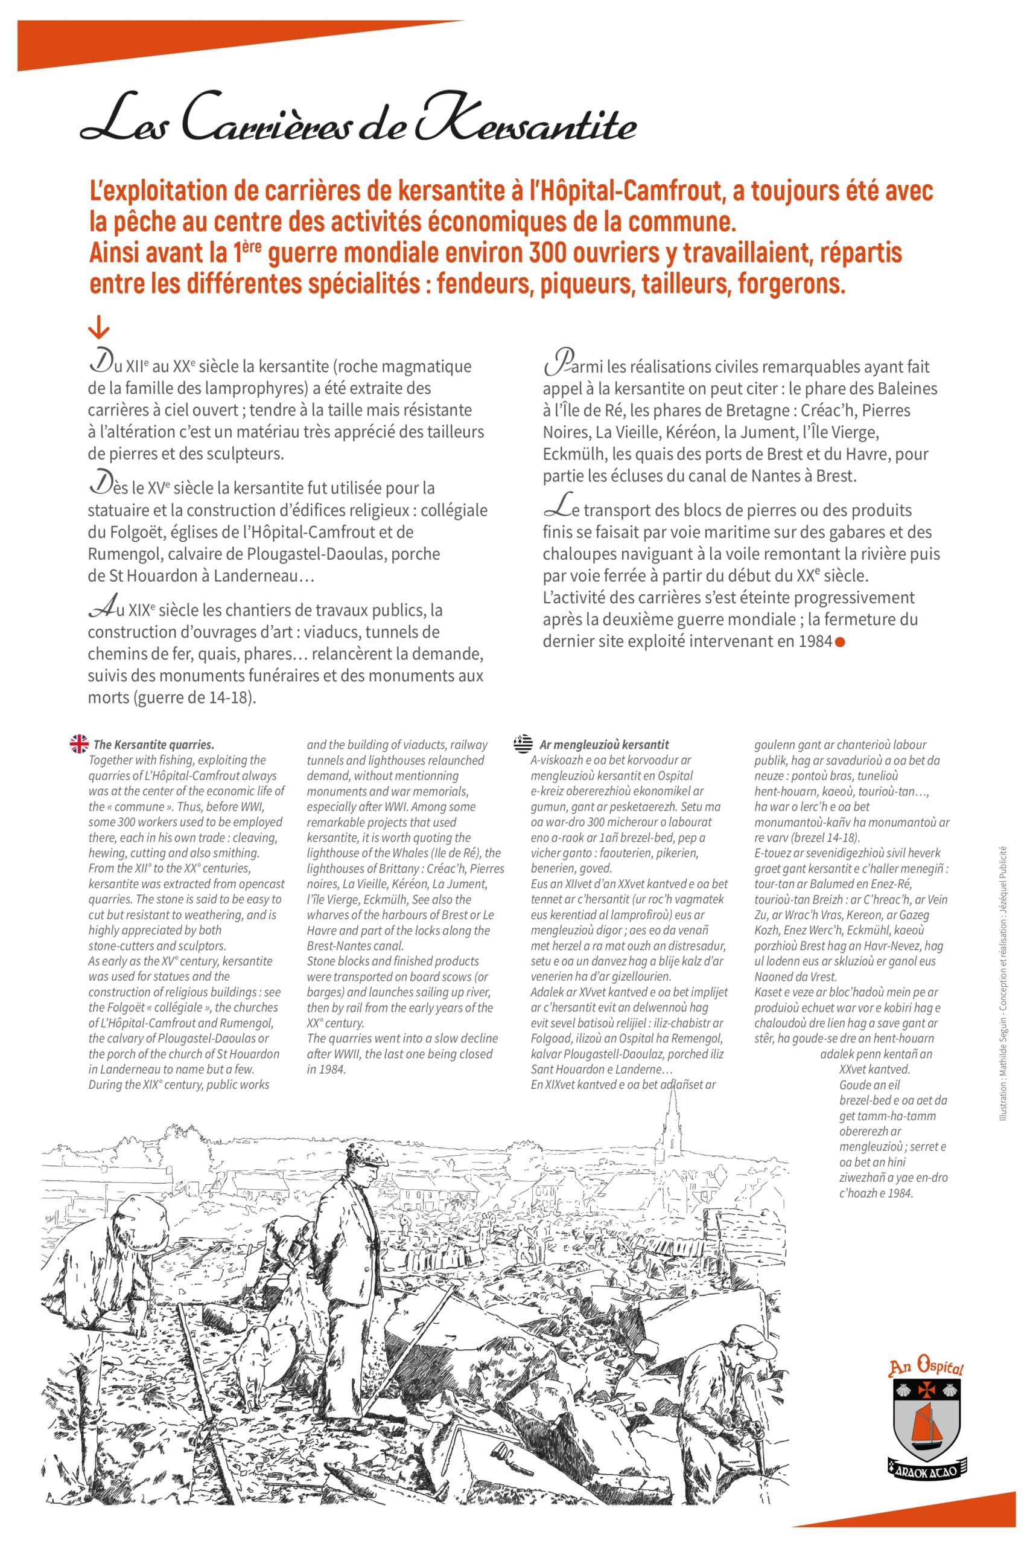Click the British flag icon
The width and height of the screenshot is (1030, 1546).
(79, 744)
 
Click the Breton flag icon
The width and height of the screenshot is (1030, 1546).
(523, 743)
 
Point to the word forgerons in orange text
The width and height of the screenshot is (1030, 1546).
(791, 284)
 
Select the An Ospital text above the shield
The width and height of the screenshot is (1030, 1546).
(926, 1368)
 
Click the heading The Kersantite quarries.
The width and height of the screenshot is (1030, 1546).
(154, 745)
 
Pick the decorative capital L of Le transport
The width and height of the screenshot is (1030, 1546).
(557, 507)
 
